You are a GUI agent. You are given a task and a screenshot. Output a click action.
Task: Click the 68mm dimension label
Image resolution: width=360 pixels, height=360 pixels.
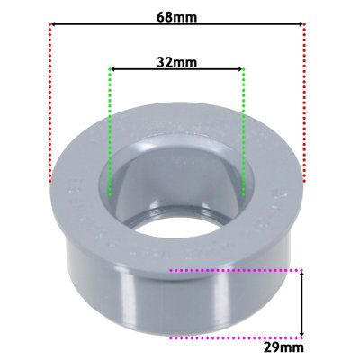(177, 16)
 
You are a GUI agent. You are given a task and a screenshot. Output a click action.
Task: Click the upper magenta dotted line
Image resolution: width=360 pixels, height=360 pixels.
(234, 268)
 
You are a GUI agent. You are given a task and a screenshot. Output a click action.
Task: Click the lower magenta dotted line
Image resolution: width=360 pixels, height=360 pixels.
(234, 337)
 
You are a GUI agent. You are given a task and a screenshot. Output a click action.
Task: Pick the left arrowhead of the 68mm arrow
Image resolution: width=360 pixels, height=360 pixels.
(54, 25)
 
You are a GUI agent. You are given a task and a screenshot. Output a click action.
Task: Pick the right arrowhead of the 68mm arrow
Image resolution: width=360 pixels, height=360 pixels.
(301, 25)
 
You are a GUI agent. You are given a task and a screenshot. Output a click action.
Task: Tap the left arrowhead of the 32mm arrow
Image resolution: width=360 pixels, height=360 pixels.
(113, 69)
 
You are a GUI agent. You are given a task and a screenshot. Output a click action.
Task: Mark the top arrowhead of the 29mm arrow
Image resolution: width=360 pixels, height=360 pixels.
(301, 273)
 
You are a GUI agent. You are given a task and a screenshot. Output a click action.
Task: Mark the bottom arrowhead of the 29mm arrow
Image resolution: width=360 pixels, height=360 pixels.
(301, 333)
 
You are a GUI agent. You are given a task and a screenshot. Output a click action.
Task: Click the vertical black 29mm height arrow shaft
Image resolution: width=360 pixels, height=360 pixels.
(301, 302)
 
